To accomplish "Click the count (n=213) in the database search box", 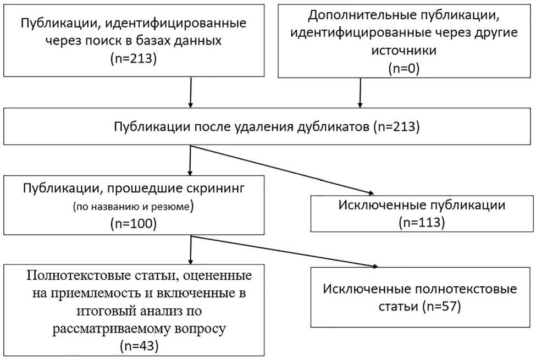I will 134,58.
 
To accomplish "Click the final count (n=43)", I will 134,345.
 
